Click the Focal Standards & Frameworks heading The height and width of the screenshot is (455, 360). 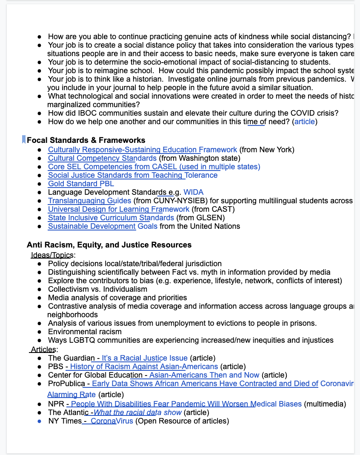(x=86, y=140)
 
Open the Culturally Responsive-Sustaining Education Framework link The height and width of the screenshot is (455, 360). (x=142, y=150)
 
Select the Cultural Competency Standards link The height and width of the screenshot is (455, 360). (x=102, y=158)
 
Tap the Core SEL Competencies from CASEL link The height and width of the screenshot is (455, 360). (x=154, y=167)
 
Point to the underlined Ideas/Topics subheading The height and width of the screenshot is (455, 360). (x=53, y=255)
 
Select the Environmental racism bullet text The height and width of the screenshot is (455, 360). (x=85, y=332)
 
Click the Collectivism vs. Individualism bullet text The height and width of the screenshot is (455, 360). (x=97, y=289)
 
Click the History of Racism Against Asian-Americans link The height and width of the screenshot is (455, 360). (x=144, y=367)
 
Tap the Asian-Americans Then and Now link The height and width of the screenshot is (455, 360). (x=204, y=375)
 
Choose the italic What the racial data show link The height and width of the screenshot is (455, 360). (x=137, y=412)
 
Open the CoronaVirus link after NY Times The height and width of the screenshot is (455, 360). (x=112, y=421)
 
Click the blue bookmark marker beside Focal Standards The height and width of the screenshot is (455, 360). (x=24, y=139)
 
